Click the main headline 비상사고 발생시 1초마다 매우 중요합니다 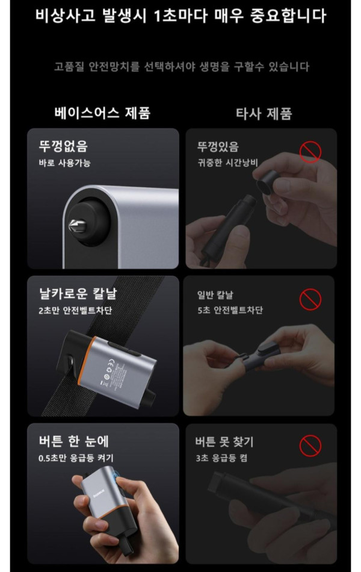pos(180,16)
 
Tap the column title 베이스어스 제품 pos(102,113)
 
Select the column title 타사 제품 pos(264,113)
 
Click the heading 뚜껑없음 pos(63,146)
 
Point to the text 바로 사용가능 pos(64,163)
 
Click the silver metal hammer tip pos(78,226)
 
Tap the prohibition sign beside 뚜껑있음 pos(310,152)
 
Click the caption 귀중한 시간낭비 pos(227,163)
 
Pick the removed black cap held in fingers pos(267,181)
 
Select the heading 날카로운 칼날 pos(78,293)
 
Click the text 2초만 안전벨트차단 pos(75,311)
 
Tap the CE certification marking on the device pos(113,365)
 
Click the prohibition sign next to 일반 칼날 pos(310,299)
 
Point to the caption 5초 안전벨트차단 pos(230,310)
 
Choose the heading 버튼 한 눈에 pos(74,441)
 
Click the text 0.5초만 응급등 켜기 pos(76,458)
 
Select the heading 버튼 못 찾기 pos(224,442)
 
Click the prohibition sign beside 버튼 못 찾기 pos(310,446)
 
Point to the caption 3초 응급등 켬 pos(221,458)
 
